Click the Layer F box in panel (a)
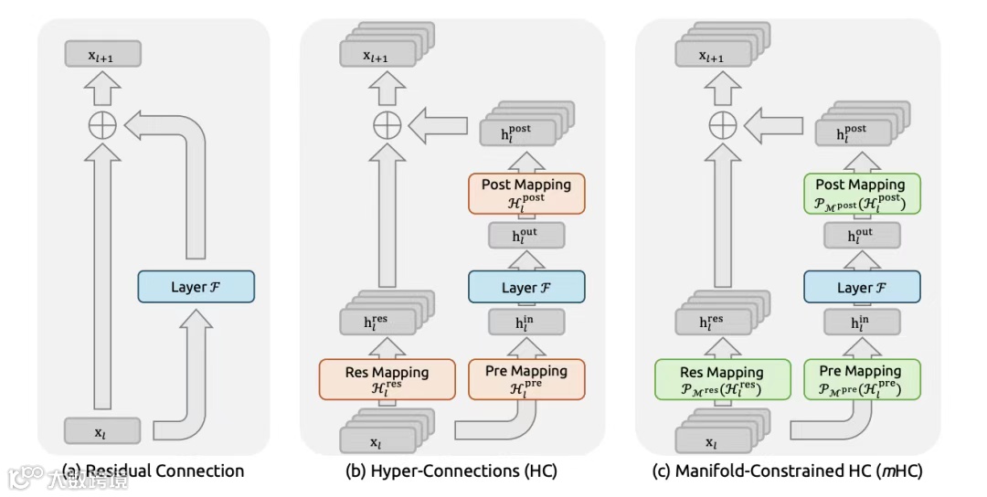point(196,287)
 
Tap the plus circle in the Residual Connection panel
point(102,125)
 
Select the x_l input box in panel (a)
point(102,431)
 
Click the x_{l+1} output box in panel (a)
point(102,54)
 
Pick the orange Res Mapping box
point(387,379)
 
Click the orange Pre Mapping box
point(526,379)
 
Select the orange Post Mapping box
point(526,193)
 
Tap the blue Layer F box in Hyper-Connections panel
point(526,287)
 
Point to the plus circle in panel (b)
point(387,125)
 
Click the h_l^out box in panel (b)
point(526,236)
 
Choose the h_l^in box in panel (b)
point(526,323)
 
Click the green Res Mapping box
point(723,379)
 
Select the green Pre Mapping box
point(862,379)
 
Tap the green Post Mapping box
point(862,193)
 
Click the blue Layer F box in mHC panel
point(862,287)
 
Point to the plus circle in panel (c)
point(723,125)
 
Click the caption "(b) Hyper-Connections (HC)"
point(451,471)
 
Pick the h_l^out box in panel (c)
point(862,236)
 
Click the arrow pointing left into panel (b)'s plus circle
point(438,125)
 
